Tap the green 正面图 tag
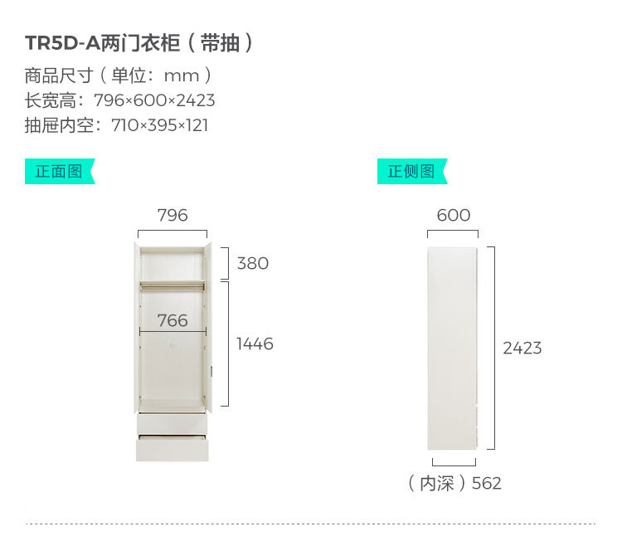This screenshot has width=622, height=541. pyautogui.click(x=59, y=172)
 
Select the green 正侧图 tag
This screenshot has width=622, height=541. pyautogui.click(x=411, y=172)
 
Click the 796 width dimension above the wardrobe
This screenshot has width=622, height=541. pyautogui.click(x=173, y=216)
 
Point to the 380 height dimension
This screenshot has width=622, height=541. pyautogui.click(x=253, y=263)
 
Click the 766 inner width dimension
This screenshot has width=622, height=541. pyautogui.click(x=173, y=320)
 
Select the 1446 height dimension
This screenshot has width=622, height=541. pyautogui.click(x=255, y=344)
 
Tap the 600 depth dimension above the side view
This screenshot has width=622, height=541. pyautogui.click(x=454, y=216)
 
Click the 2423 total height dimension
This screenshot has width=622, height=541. pyautogui.click(x=522, y=348)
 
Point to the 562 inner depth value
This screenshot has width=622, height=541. pyautogui.click(x=486, y=483)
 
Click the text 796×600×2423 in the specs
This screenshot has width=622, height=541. pyautogui.click(x=154, y=100)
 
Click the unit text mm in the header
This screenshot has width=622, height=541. pyautogui.click(x=182, y=76)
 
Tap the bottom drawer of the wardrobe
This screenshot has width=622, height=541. pyautogui.click(x=173, y=448)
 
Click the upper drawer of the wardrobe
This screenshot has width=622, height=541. pyautogui.click(x=173, y=422)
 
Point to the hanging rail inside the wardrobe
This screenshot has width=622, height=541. pyautogui.click(x=172, y=285)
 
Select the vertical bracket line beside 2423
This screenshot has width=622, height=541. pyautogui.click(x=493, y=347)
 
